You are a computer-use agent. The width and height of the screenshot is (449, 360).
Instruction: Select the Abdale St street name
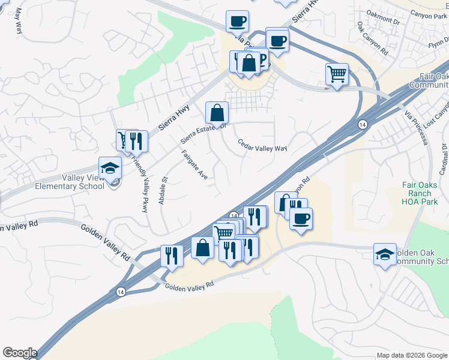point(162,190)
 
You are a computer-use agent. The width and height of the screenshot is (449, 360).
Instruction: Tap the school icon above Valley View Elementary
point(110,168)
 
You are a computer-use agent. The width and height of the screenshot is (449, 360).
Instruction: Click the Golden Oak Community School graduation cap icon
point(385,254)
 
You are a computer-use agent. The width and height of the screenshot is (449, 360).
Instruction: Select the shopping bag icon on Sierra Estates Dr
point(217,112)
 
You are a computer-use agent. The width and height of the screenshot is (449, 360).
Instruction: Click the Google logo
point(20,353)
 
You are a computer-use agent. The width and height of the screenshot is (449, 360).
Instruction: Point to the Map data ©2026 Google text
point(412,355)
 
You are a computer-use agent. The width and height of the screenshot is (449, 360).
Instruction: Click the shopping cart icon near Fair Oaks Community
point(337,74)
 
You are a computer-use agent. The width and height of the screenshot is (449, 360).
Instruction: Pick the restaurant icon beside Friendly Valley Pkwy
point(137,141)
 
